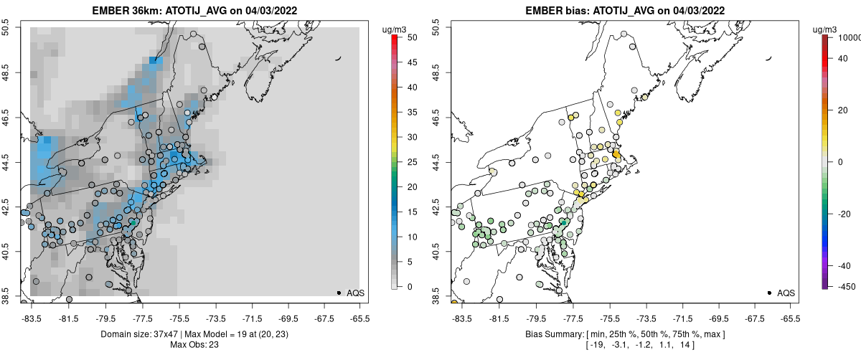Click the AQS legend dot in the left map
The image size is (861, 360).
(x=339, y=293)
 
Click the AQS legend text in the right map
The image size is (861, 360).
(x=786, y=293)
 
